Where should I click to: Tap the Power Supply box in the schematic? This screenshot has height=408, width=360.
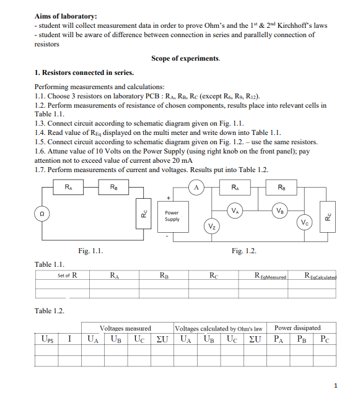click(172, 216)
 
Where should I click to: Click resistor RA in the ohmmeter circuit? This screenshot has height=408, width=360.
click(67, 186)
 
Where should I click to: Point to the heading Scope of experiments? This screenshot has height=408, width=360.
click(185, 59)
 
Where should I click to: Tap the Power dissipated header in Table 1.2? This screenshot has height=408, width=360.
click(297, 328)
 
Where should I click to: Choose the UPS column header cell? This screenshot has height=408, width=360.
click(47, 339)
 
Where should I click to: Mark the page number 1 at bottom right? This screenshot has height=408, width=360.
click(335, 386)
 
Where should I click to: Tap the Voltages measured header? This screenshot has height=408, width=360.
click(126, 328)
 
